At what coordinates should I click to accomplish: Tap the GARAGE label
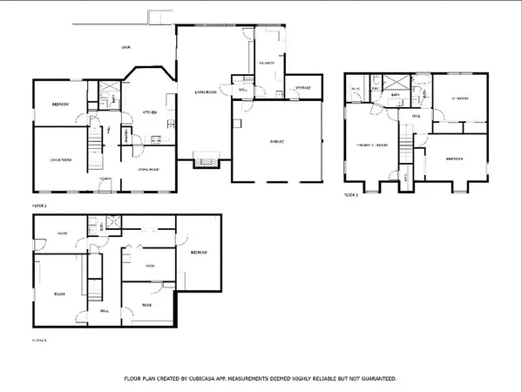point(276,140)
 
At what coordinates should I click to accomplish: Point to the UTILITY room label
point(267,64)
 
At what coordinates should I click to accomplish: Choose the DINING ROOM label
point(149,170)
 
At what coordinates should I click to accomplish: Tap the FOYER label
point(105,179)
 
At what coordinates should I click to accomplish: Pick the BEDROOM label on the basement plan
point(198,251)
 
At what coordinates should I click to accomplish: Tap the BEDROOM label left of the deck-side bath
point(59,105)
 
